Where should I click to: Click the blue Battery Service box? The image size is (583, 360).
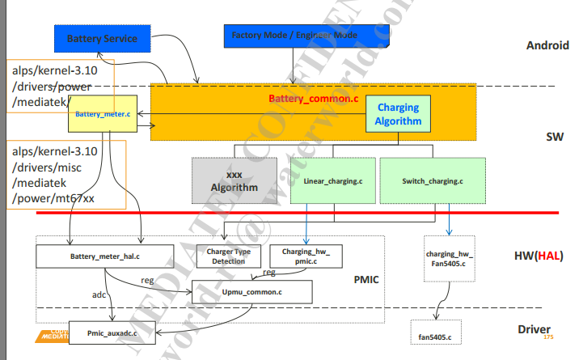102,38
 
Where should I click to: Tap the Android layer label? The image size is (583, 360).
547,45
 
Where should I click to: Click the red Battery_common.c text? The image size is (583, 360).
313,99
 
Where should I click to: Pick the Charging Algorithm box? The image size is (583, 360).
398,113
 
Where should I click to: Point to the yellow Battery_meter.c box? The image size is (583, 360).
103,114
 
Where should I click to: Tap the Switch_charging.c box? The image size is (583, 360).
433,180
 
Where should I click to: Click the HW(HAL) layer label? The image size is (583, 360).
537,256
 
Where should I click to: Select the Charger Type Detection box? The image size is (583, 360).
228,256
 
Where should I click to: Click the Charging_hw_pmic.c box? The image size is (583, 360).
306,256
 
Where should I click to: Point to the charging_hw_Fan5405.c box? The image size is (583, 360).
449,258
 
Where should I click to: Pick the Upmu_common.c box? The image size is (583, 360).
251,290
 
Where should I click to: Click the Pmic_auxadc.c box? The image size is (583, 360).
112,332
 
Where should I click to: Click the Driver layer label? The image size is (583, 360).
536,329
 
